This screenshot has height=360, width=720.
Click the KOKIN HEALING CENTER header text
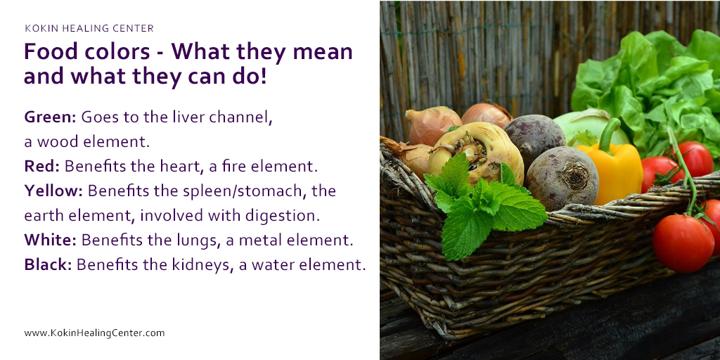click(89, 29)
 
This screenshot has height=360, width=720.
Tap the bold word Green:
click(51, 117)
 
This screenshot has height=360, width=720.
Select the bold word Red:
click(41, 167)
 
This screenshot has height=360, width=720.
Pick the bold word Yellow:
click(53, 191)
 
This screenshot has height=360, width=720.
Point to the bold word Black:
click(48, 264)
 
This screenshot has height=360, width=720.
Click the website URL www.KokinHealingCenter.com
click(94, 333)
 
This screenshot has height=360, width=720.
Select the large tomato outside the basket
click(682, 243)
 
